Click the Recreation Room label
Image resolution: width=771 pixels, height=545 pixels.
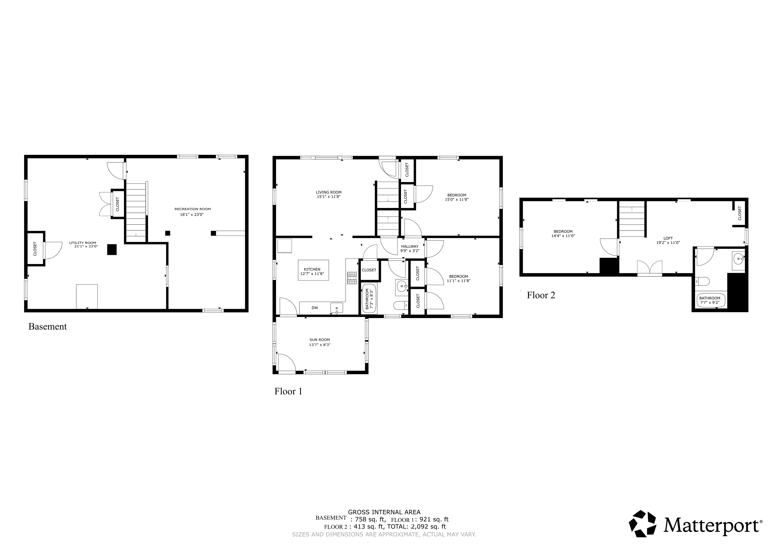coord(192,209)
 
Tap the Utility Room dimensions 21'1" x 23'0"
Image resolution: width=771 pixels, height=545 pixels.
coord(86,246)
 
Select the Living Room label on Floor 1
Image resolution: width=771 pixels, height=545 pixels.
coord(329,192)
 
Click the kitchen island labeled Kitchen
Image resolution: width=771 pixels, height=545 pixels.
coord(313,270)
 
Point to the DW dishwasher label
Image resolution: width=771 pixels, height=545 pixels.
coord(315,308)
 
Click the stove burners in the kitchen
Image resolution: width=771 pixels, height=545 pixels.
coord(352,278)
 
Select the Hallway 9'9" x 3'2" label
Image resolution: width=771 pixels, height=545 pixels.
coord(410,248)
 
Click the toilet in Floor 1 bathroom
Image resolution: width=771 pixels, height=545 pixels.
coord(400,305)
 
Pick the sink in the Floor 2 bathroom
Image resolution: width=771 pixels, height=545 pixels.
coord(738,258)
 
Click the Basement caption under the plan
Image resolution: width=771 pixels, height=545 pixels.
coord(48,326)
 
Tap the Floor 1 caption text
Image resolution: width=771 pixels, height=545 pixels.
coord(288,391)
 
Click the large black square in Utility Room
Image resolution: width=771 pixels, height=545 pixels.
coord(112,249)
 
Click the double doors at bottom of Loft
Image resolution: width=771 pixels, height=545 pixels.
coord(650,268)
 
